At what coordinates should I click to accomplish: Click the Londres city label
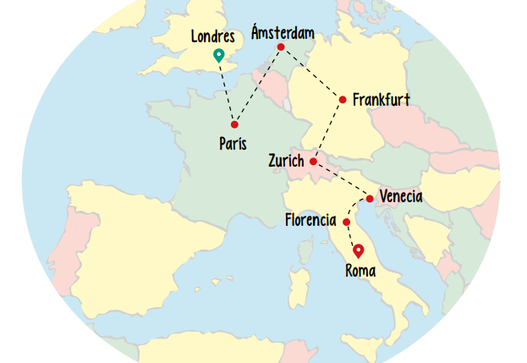click(x=213, y=36)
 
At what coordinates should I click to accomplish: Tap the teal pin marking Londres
click(x=219, y=56)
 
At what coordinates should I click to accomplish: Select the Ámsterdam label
click(x=283, y=33)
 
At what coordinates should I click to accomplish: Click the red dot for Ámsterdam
click(x=281, y=47)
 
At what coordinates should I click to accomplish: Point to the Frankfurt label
click(x=382, y=100)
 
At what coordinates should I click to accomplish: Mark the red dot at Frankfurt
click(x=343, y=100)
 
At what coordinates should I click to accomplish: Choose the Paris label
click(x=233, y=143)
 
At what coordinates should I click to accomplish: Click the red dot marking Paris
click(x=234, y=124)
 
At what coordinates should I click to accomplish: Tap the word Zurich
click(x=286, y=161)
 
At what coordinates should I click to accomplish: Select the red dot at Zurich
click(x=313, y=161)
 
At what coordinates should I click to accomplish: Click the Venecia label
click(x=401, y=197)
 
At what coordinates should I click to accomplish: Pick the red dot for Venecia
click(x=370, y=199)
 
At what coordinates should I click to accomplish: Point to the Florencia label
click(x=311, y=222)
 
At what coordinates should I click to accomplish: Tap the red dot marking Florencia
click(x=346, y=222)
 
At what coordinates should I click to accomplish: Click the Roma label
click(x=360, y=271)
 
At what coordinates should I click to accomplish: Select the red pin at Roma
click(x=358, y=250)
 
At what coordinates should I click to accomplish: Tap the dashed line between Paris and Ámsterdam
click(x=258, y=85)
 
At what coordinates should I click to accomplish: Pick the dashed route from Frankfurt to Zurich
click(x=328, y=129)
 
